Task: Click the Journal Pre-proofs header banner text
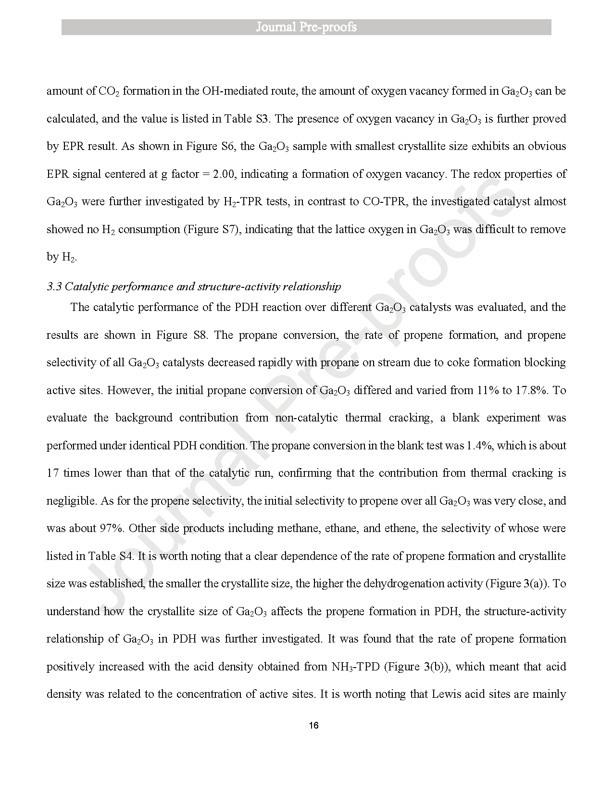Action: point(306,27)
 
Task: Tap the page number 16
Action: point(313,726)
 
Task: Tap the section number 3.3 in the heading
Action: point(54,287)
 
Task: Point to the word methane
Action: point(295,528)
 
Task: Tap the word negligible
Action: point(71,501)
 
